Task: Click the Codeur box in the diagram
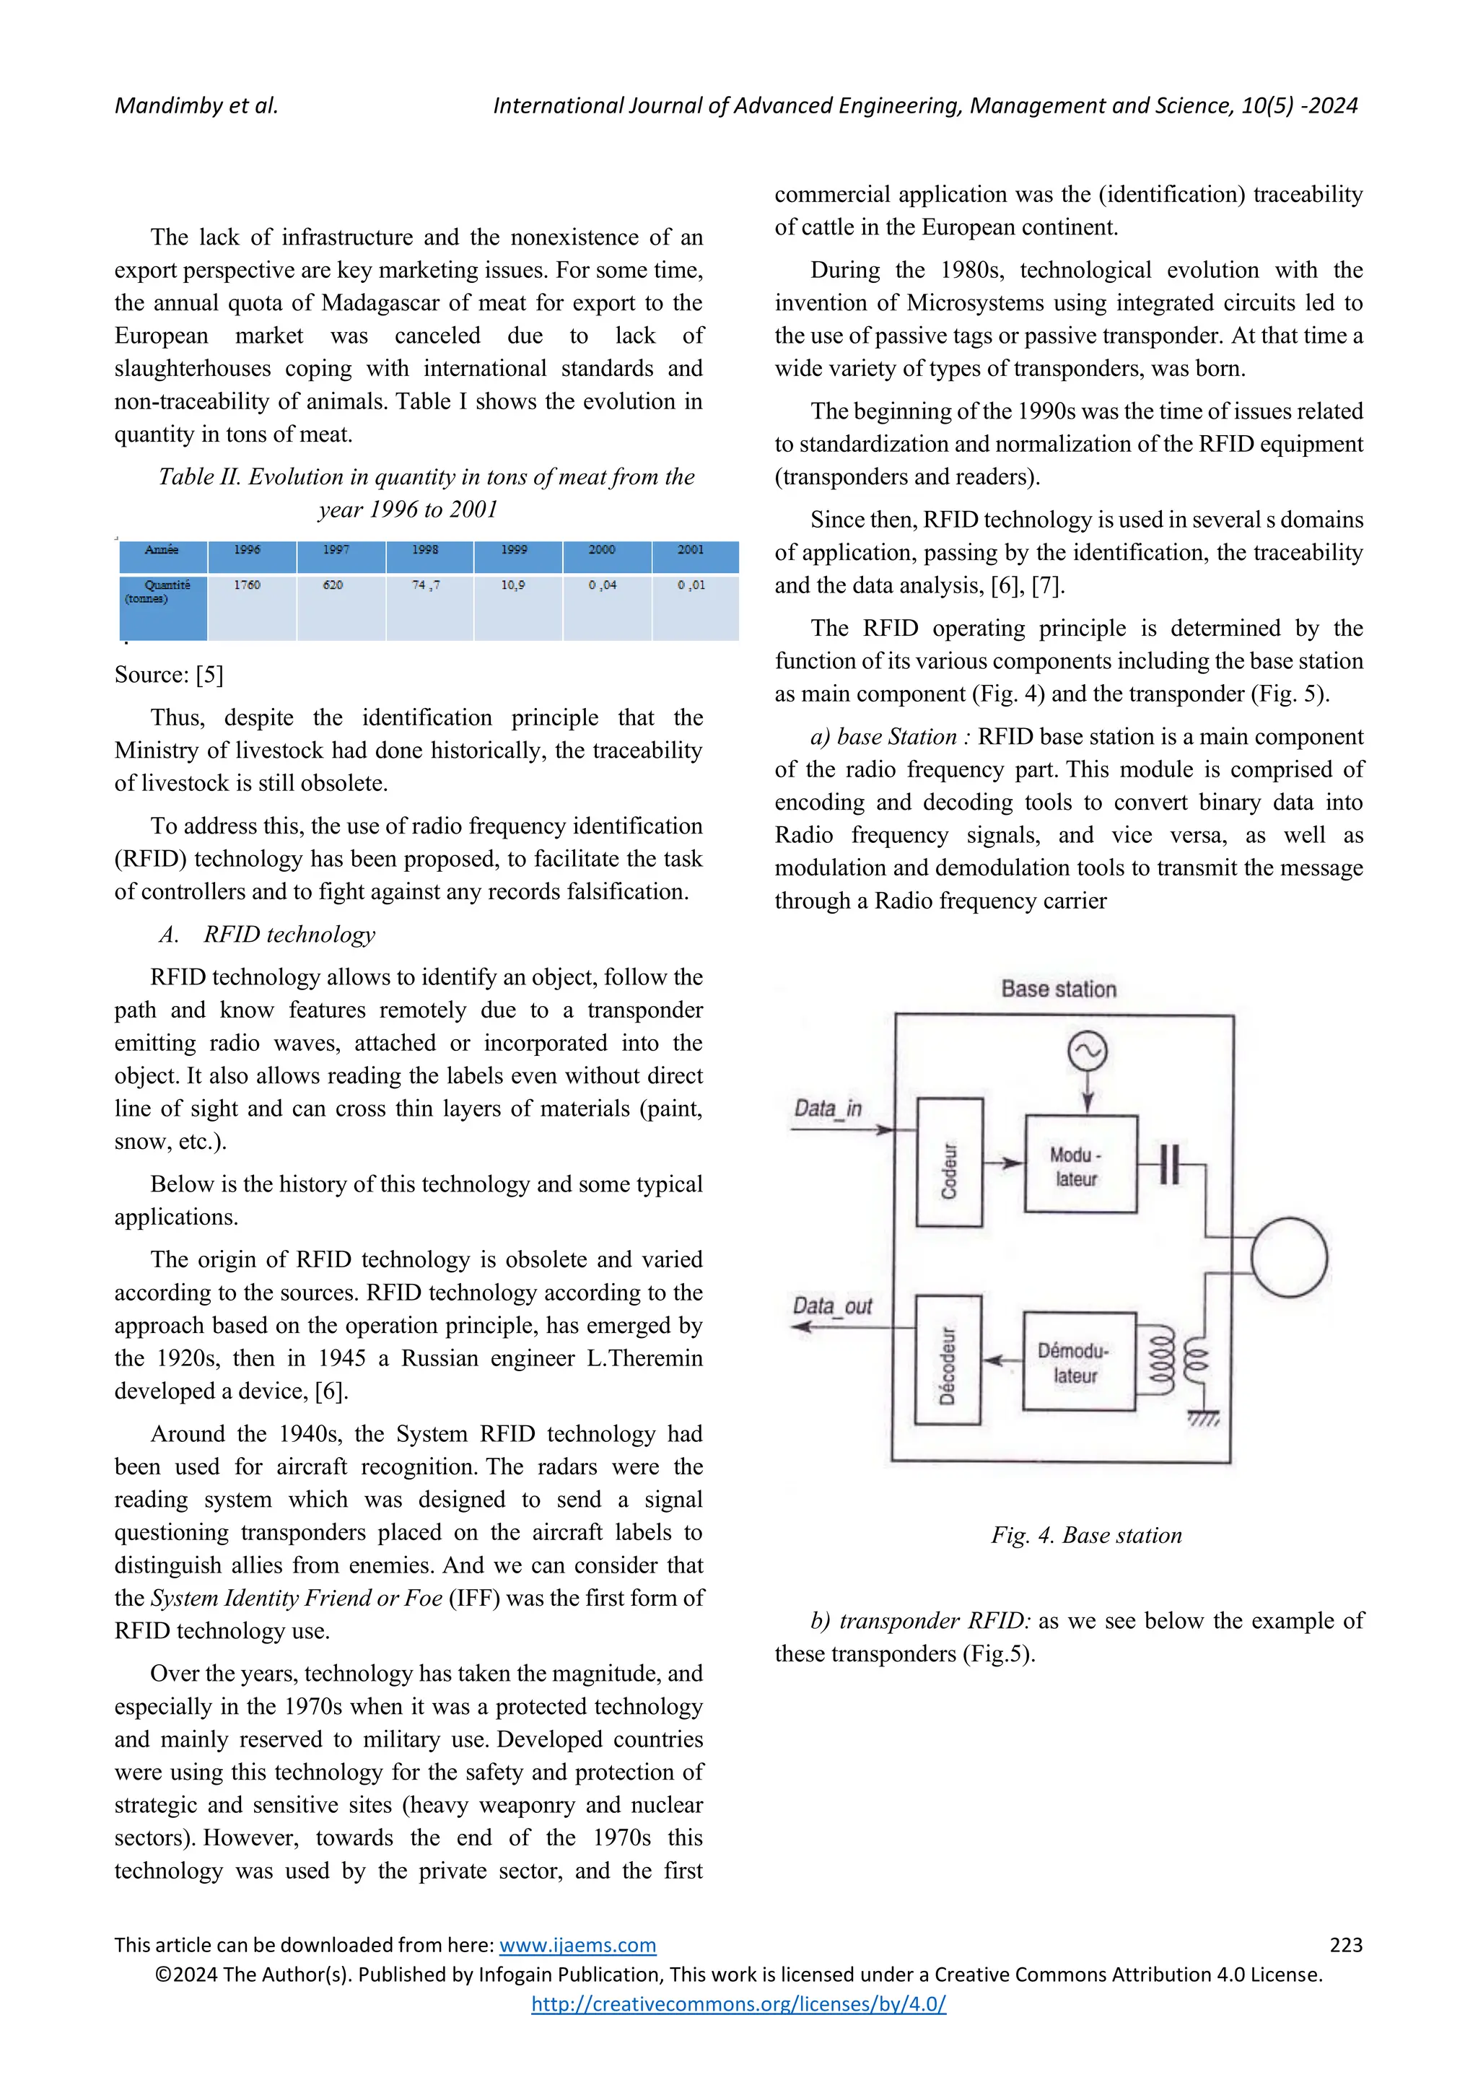[949, 1163]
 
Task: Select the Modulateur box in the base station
[1080, 1164]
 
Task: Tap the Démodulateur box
[1078, 1362]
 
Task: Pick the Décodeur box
[948, 1360]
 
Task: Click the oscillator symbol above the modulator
[1087, 1052]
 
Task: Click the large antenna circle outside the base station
[1289, 1257]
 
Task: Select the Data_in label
[827, 1108]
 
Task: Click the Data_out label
[832, 1306]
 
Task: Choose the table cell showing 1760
[247, 585]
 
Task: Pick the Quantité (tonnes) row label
[163, 592]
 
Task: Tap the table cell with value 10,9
[513, 585]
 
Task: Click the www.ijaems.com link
[578, 1945]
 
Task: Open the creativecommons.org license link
[738, 2003]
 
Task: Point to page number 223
[1345, 1945]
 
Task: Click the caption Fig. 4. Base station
[1085, 1536]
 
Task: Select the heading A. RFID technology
[266, 934]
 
